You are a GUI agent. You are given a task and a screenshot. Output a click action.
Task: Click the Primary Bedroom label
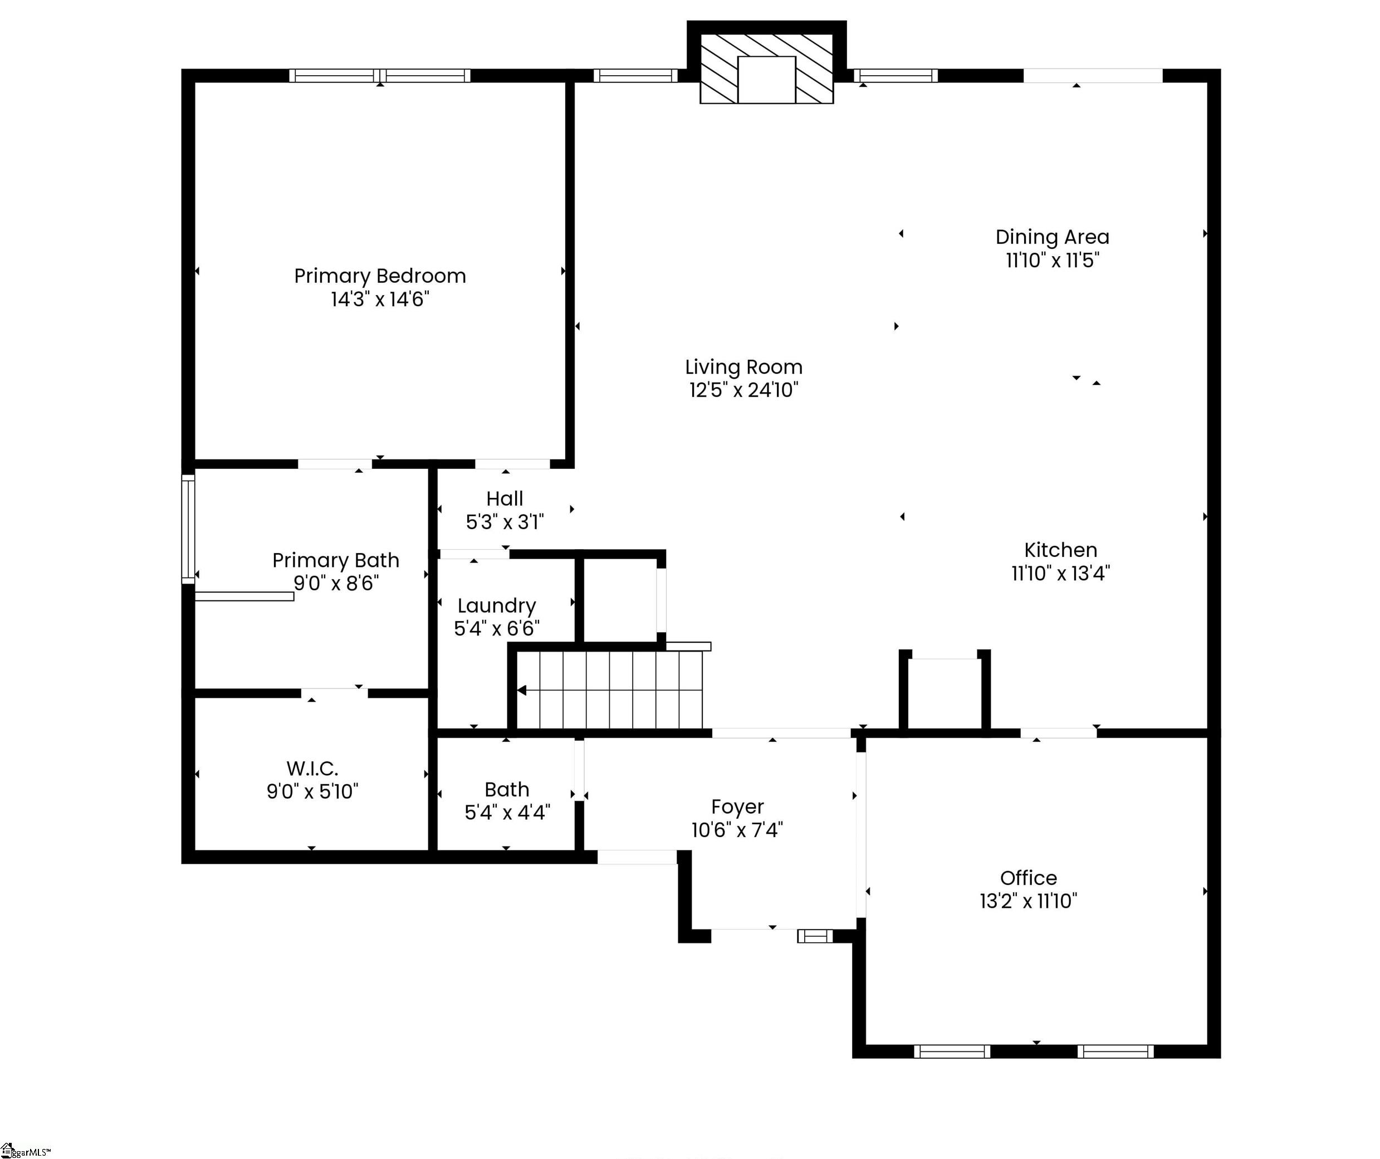[380, 276]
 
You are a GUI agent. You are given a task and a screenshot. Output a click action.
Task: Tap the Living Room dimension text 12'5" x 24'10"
[743, 390]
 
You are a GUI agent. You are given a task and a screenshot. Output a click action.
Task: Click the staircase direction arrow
[522, 691]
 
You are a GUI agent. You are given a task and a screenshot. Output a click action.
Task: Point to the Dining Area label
[1052, 237]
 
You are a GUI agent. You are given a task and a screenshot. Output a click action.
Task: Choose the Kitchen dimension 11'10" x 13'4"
[1060, 574]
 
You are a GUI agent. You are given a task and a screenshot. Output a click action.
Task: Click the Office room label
[1029, 878]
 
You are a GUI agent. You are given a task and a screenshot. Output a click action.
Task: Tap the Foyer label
[737, 807]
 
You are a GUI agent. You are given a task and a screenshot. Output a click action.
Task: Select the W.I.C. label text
[312, 768]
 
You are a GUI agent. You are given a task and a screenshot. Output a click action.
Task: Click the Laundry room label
[497, 606]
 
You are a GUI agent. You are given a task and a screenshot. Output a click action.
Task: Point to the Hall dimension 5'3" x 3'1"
[505, 522]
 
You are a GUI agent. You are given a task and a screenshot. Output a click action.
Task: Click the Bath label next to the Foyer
[507, 790]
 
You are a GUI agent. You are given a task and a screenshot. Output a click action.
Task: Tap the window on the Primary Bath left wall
[188, 529]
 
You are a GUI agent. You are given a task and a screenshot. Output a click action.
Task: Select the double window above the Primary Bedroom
[380, 76]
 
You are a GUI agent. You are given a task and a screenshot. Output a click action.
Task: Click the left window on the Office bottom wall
[952, 1052]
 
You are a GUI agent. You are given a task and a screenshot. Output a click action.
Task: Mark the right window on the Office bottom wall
[1115, 1052]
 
